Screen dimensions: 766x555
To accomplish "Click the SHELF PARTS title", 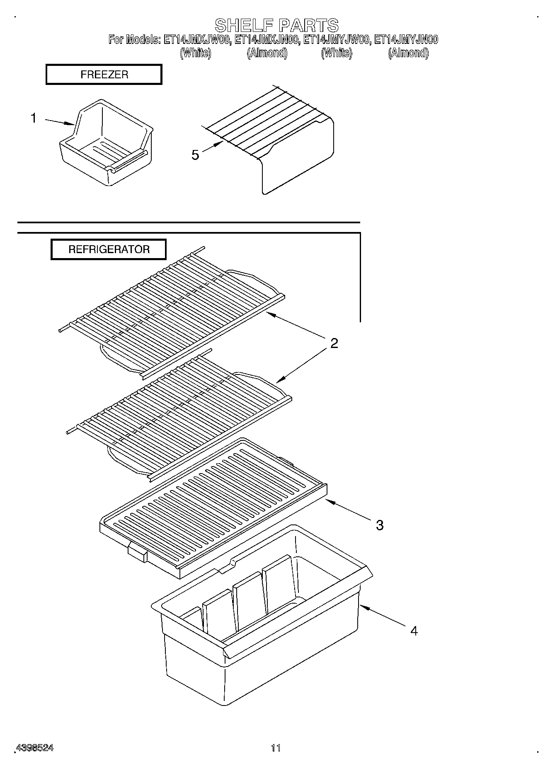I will click(x=276, y=25).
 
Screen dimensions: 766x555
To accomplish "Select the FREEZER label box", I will click(x=104, y=75).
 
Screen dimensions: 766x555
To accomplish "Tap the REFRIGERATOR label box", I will click(x=109, y=249).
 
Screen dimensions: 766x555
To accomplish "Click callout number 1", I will click(x=34, y=118).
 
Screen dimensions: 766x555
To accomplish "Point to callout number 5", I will click(x=195, y=155).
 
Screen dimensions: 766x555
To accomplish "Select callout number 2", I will click(x=334, y=343).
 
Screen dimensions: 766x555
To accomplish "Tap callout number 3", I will click(x=379, y=525).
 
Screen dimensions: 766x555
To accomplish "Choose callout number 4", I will click(x=414, y=631).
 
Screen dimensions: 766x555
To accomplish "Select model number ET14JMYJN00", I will click(x=406, y=40).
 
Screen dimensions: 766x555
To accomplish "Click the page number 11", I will click(x=276, y=748).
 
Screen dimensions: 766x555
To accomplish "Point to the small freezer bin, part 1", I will click(x=106, y=145).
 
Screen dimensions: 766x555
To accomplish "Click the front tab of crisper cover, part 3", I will click(x=137, y=553).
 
